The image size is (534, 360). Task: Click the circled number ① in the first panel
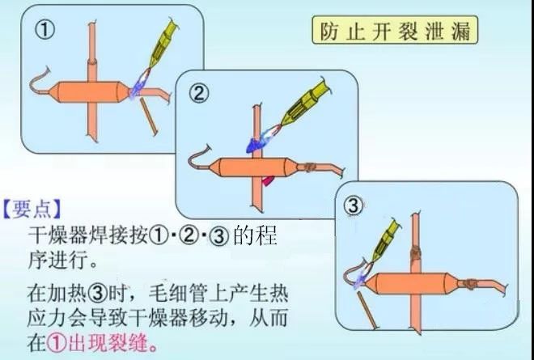(x=44, y=30)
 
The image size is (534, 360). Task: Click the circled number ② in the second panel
(x=198, y=93)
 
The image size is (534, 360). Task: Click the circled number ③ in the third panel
(x=353, y=205)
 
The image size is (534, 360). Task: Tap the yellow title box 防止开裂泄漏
(x=395, y=30)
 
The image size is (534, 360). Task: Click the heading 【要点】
(x=32, y=209)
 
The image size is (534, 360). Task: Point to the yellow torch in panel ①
(x=163, y=44)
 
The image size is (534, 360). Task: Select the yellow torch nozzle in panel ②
(x=305, y=103)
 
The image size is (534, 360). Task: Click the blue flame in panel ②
(x=260, y=141)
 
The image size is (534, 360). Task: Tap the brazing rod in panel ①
(x=149, y=116)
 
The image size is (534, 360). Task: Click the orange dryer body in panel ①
(x=88, y=91)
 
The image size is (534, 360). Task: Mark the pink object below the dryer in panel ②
(x=268, y=180)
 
